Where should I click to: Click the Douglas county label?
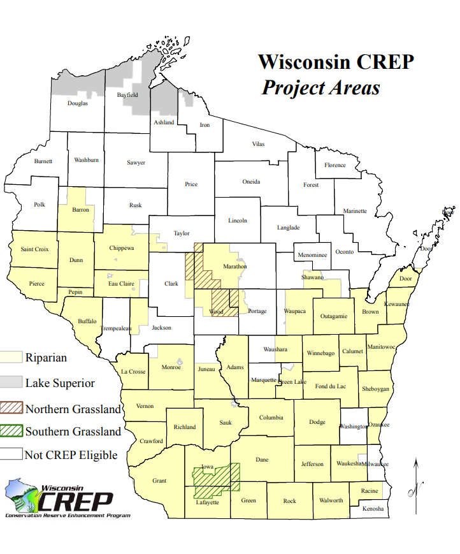pos(78,103)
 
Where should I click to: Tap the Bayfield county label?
pos(127,95)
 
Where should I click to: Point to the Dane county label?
pos(262,459)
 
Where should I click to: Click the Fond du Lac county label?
pos(330,386)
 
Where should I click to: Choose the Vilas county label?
pos(258,145)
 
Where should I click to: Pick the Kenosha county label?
pos(373,509)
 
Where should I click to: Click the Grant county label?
pos(159,481)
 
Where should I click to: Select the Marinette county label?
pos(355,211)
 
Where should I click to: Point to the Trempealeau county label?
pos(115,329)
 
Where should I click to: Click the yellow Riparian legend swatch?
pos(11,358)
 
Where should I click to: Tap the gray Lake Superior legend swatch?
pos(11,383)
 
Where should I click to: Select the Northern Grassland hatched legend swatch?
pos(11,408)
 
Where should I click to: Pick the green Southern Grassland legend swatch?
pos(11,432)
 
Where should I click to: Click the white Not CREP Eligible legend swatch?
pos(11,455)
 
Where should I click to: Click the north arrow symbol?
pos(416,477)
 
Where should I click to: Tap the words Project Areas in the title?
pos(320,87)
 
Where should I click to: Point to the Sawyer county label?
pos(136,163)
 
